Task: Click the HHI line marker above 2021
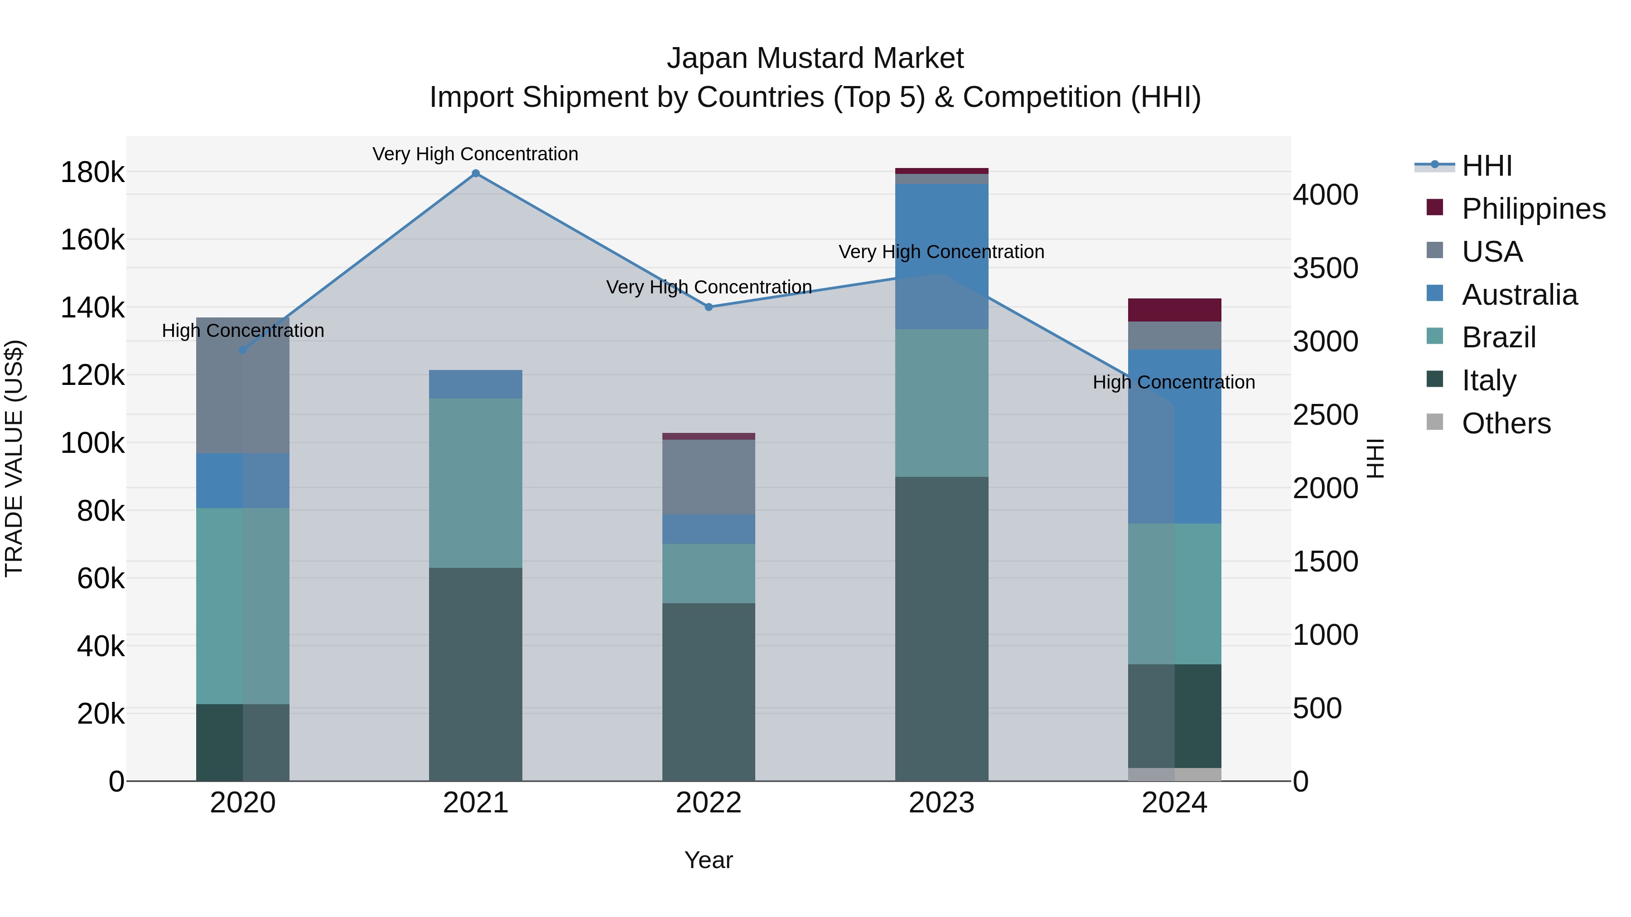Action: click(476, 173)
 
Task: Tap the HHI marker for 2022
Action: click(709, 307)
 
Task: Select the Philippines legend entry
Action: click(1532, 209)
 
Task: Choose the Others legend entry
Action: click(1505, 423)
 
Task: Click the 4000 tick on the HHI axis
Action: click(1325, 195)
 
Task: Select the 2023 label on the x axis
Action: click(941, 803)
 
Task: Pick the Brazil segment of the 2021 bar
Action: click(476, 482)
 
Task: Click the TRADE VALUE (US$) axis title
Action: click(14, 458)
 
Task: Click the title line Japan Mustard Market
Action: click(815, 58)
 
